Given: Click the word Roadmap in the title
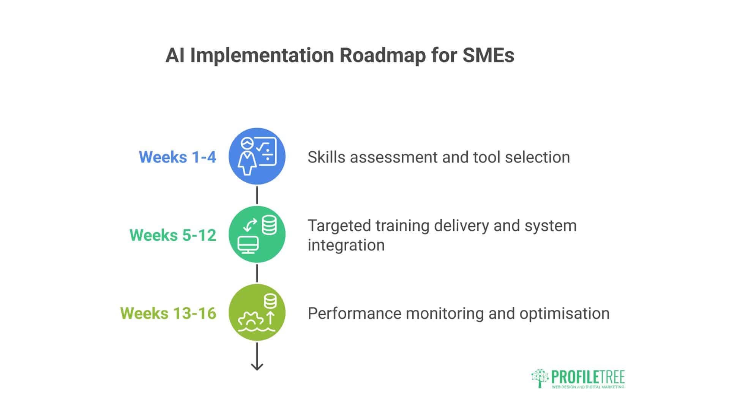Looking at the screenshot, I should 382,55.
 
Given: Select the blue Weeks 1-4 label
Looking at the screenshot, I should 177,157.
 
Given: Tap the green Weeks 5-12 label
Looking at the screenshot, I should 173,235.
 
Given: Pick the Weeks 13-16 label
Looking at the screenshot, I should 168,314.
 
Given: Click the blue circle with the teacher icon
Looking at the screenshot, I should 257,156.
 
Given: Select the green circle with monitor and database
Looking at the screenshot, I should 257,234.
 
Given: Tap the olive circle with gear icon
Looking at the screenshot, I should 257,312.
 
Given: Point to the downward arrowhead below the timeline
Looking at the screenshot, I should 257,366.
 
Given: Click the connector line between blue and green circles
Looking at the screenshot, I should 257,195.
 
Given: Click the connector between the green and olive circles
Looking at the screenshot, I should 257,273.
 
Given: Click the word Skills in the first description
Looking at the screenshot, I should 326,157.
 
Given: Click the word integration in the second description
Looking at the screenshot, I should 346,245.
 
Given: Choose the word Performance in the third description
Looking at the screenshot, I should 354,314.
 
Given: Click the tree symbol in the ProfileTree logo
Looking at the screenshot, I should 540,378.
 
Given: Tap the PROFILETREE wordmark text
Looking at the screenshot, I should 588,377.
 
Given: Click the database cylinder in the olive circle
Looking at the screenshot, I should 270,302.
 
